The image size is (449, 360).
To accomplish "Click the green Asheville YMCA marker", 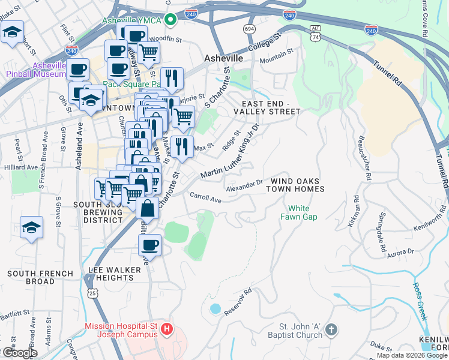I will (x=170, y=20).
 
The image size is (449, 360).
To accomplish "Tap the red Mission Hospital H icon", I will (x=167, y=329).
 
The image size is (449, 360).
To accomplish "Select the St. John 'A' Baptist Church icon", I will (x=331, y=329).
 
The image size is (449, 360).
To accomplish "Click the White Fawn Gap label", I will (x=298, y=212).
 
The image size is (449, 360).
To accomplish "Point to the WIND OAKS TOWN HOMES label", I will (x=297, y=185).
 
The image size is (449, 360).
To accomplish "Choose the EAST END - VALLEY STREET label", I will (x=267, y=107).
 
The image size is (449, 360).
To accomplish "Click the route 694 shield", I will (x=249, y=29).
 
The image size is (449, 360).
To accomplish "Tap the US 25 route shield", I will (x=92, y=293).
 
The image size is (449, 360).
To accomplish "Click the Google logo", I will (x=19, y=353).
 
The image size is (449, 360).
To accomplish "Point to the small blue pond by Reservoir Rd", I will (x=214, y=309).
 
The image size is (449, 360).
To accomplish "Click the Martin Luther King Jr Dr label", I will (x=229, y=153).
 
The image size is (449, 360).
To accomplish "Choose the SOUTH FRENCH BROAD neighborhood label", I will (x=40, y=277).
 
